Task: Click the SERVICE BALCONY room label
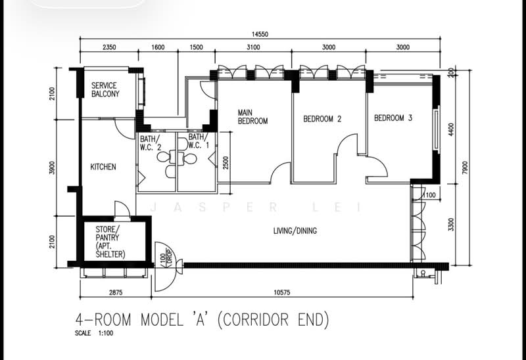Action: pos(105,90)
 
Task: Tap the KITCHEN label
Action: pos(103,167)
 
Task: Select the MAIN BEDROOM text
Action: pos(252,117)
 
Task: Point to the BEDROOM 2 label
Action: pos(322,119)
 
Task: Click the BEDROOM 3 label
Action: pos(393,118)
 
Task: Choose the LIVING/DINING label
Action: pos(295,231)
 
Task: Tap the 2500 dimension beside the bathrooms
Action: pos(226,162)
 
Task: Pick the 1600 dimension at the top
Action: pos(158,47)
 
